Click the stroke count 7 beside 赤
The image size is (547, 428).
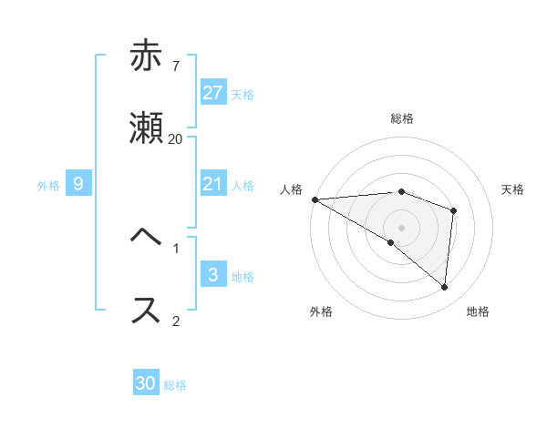(x=175, y=66)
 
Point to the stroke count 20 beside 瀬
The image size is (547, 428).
(x=175, y=138)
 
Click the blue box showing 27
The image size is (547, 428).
(x=213, y=93)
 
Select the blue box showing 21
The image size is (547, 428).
(x=213, y=185)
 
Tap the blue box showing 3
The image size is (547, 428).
(x=213, y=276)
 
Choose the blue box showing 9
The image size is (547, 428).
(x=78, y=185)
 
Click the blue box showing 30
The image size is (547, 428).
(x=146, y=384)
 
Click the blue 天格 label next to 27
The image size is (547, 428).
(x=243, y=95)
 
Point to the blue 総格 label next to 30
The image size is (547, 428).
(x=175, y=385)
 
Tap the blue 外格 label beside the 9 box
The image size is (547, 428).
(x=48, y=186)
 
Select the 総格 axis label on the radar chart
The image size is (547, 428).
(x=402, y=118)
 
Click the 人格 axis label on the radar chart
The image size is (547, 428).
(x=291, y=189)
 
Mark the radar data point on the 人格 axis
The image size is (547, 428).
(x=315, y=199)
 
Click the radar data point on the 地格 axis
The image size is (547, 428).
(x=444, y=288)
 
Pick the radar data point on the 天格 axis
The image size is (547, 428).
(x=453, y=210)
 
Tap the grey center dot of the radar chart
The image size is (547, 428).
(x=402, y=227)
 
